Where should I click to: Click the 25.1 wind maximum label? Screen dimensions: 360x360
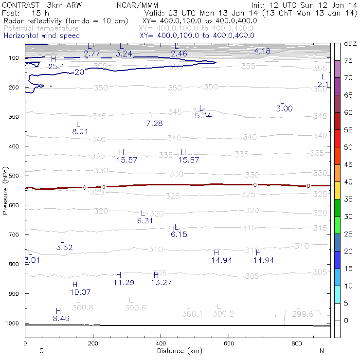56,66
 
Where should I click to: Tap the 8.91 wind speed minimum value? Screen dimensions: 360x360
80,131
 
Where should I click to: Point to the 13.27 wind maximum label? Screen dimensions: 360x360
162,282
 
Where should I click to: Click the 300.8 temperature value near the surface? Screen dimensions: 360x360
82,307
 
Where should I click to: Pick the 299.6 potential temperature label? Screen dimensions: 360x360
302,314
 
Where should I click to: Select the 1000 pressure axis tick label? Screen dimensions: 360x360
13,323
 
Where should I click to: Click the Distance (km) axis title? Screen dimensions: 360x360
177,351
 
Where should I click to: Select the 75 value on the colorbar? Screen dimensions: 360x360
349,60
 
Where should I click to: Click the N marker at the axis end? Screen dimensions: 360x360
322,351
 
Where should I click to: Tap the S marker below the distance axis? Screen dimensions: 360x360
41,351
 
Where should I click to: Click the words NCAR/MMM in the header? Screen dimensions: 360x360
138,4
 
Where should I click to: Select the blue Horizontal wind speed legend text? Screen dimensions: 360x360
41,36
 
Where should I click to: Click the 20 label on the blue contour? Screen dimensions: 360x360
79,72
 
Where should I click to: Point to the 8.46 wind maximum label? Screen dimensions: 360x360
61,319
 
